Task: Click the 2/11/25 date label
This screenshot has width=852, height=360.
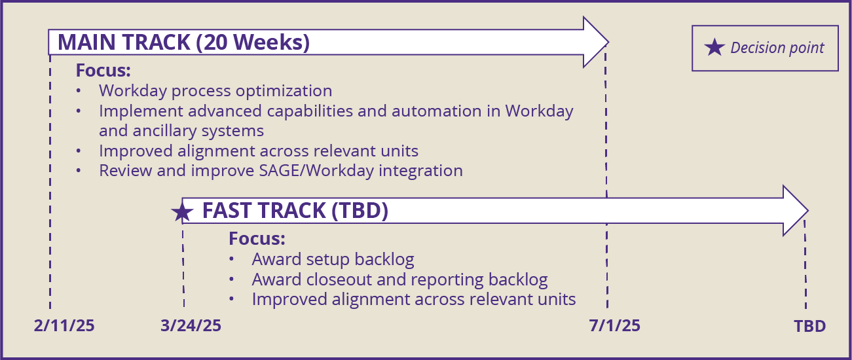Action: click(64, 326)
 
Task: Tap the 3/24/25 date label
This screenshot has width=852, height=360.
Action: click(191, 326)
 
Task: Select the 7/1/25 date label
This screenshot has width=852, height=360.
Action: click(615, 326)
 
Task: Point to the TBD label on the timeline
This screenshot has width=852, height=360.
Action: click(810, 326)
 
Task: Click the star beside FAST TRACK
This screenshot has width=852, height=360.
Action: click(182, 212)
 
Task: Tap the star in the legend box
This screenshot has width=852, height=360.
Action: click(714, 48)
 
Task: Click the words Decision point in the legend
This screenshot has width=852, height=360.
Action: click(777, 48)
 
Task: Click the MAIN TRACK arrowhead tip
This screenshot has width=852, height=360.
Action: click(608, 42)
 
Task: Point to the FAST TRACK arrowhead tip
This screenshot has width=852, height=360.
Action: click(808, 210)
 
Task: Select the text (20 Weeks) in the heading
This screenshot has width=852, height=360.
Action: click(253, 42)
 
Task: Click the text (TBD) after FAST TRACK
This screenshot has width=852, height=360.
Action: click(360, 211)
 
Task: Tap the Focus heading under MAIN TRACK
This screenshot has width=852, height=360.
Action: click(103, 70)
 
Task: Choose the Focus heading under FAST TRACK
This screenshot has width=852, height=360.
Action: click(257, 239)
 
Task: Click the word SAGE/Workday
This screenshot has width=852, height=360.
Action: click(316, 171)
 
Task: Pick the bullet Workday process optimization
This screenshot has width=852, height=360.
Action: click(215, 91)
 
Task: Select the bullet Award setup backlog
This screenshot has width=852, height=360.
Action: click(333, 259)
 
